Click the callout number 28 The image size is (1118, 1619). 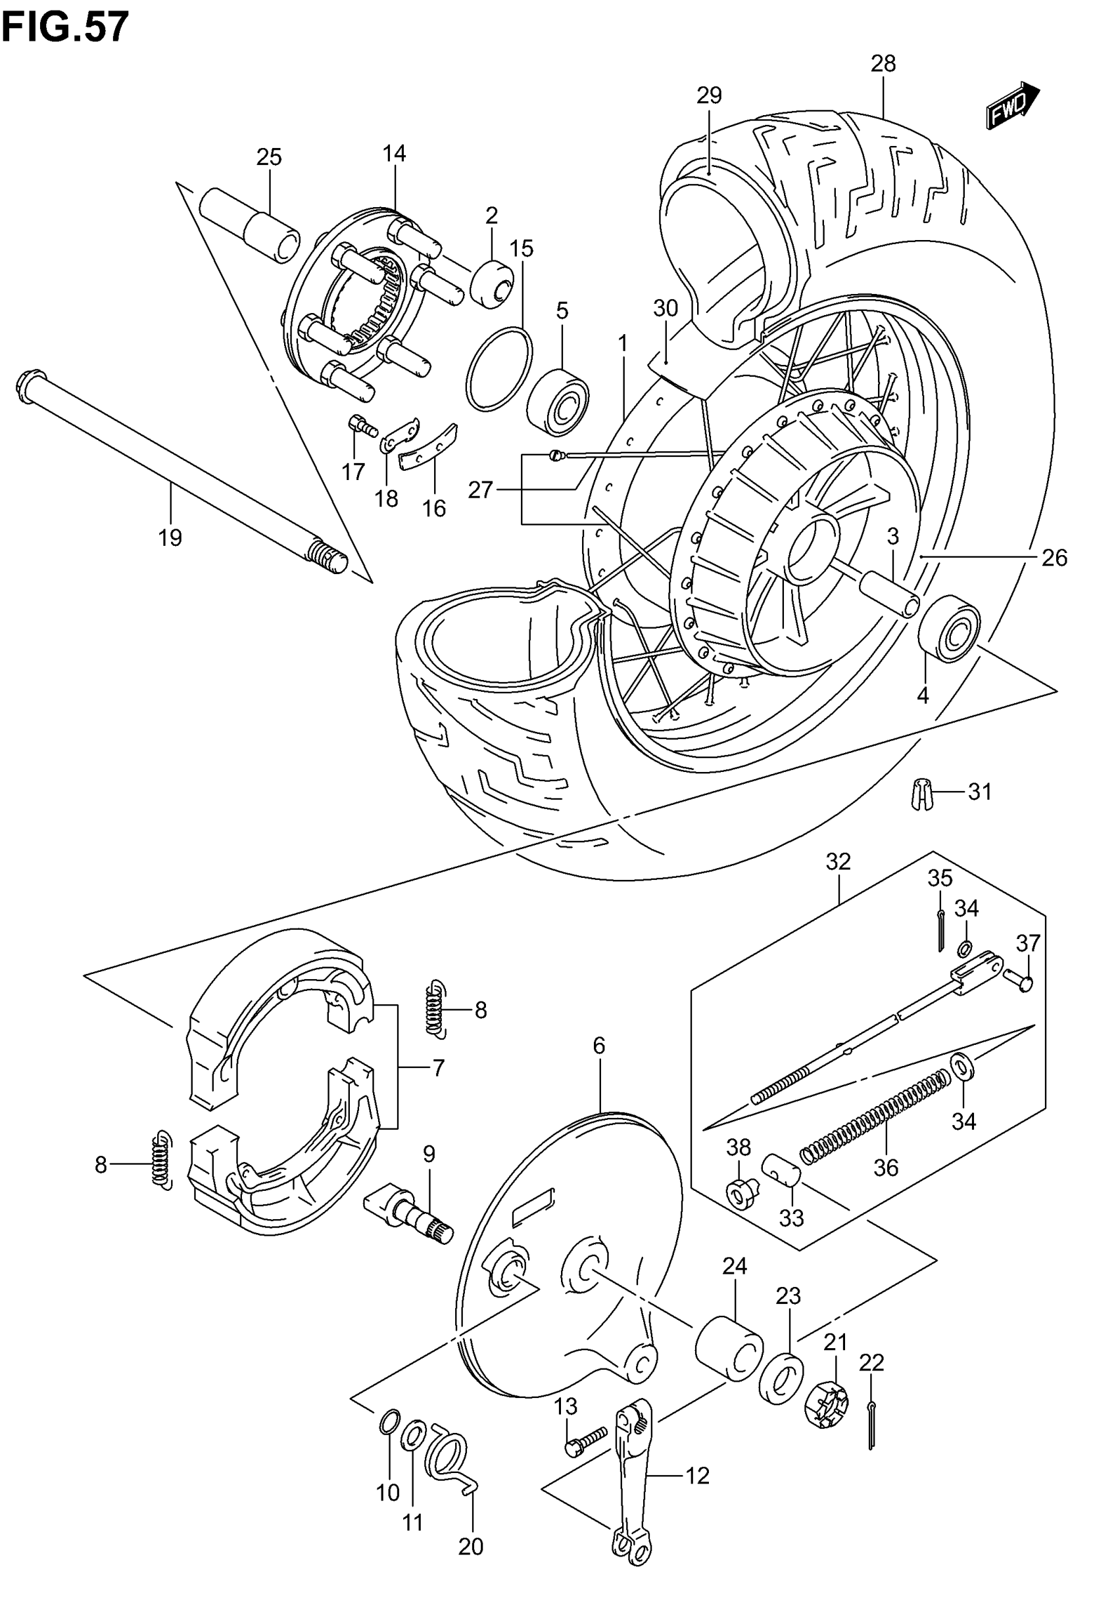pyautogui.click(x=883, y=64)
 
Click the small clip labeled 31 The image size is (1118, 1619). pyautogui.click(x=921, y=794)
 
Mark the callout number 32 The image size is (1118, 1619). pyautogui.click(x=838, y=861)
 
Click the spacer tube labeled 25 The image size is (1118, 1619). pyautogui.click(x=249, y=224)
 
